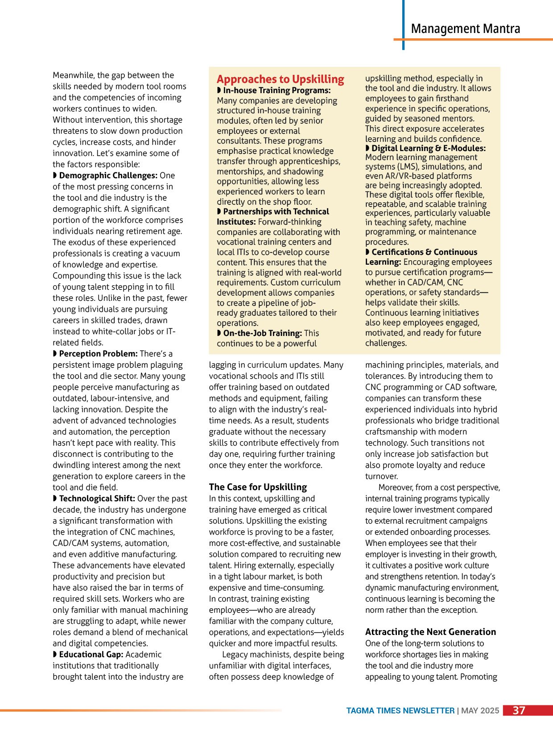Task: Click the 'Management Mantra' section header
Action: [x=465, y=29]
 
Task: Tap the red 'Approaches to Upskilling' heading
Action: [x=280, y=79]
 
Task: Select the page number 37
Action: [x=519, y=711]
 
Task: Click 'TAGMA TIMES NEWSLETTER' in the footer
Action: [x=400, y=711]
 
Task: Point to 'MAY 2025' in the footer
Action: [x=480, y=711]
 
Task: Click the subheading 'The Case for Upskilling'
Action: [x=258, y=487]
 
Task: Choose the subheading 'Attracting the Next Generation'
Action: [x=430, y=632]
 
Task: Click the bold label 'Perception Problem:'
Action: [x=98, y=354]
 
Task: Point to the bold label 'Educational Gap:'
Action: [x=91, y=655]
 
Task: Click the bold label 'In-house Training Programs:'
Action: [x=276, y=90]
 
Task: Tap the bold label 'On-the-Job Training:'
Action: [x=262, y=333]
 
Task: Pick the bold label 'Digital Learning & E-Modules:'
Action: [x=428, y=148]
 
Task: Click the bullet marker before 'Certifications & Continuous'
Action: [x=367, y=252]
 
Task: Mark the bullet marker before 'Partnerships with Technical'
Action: [x=219, y=212]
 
